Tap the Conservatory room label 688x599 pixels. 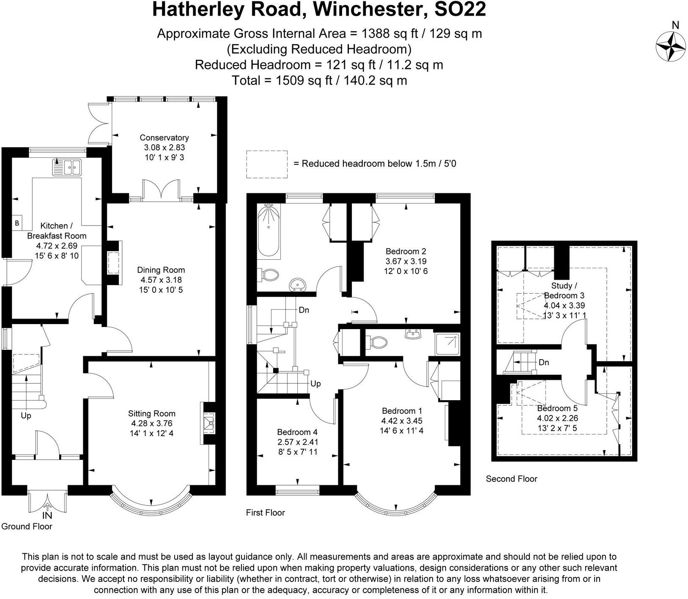(164, 137)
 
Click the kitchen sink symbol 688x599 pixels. (67, 167)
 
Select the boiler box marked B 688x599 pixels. (17, 223)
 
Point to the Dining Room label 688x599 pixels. (161, 270)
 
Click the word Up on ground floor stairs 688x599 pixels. (26, 416)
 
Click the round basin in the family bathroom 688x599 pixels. (298, 286)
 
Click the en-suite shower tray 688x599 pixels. (447, 343)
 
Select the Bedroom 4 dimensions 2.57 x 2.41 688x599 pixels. (297, 442)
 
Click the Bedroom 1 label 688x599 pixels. (402, 411)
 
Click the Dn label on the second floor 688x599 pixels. (544, 363)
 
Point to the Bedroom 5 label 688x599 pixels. (557, 408)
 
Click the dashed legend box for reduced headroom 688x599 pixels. (267, 164)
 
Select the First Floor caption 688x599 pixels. (266, 513)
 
